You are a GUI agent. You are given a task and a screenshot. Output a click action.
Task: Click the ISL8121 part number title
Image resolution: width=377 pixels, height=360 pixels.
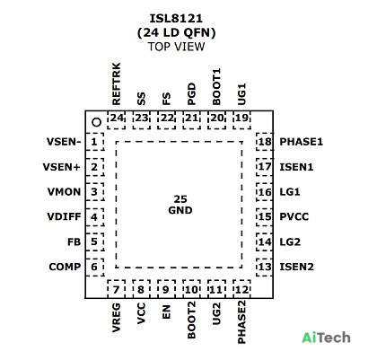(x=176, y=19)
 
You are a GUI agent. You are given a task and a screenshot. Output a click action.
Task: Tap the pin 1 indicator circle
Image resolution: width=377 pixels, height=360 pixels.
(x=97, y=122)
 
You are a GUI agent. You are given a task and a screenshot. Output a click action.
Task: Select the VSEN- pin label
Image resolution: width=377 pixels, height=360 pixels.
(x=64, y=142)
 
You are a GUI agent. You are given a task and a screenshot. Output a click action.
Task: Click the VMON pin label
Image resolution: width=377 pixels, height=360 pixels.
(x=64, y=191)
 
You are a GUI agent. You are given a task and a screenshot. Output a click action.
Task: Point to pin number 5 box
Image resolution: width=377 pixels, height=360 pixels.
(x=94, y=241)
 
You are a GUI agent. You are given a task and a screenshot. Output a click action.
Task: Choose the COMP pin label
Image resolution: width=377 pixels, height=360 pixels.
(x=65, y=267)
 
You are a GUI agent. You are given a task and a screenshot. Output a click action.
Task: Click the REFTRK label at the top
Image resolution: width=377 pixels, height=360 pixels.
(x=116, y=83)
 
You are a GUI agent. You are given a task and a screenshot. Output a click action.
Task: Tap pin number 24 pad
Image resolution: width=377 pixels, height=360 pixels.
(x=117, y=120)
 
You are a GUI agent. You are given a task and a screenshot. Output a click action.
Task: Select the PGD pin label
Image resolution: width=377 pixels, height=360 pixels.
(x=191, y=94)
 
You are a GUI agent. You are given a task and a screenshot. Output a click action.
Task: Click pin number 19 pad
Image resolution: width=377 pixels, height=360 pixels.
(x=241, y=120)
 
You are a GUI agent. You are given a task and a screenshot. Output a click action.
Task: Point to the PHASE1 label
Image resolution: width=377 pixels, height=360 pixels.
(x=302, y=142)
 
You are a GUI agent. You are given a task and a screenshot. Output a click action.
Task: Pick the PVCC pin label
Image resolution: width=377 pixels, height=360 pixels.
(x=294, y=216)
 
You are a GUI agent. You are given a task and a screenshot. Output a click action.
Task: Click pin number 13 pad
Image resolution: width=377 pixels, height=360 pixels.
(x=264, y=267)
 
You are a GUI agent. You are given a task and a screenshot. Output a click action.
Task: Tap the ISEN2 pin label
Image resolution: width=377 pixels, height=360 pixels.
(x=297, y=267)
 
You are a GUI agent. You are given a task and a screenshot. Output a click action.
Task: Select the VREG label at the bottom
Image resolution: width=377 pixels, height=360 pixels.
(x=116, y=318)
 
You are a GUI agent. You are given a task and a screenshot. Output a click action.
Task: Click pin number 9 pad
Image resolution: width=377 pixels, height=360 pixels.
(x=166, y=289)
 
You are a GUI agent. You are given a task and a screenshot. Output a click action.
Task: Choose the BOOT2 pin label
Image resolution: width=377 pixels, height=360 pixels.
(x=191, y=320)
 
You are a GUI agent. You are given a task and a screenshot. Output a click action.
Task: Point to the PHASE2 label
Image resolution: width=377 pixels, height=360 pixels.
(x=241, y=322)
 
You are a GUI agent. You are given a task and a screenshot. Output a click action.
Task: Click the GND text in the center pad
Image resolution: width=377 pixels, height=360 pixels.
(x=180, y=210)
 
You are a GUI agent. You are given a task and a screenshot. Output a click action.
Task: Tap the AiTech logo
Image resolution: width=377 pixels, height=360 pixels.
(x=326, y=338)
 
